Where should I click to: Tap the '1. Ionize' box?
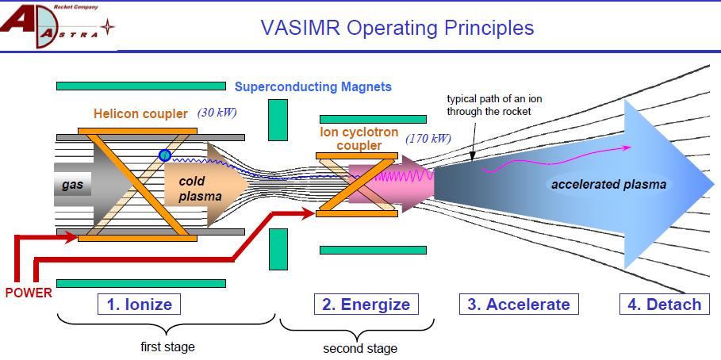click(x=140, y=304)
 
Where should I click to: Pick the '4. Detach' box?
click(x=665, y=304)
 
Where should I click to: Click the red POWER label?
click(x=29, y=293)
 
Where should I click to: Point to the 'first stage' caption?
click(x=167, y=347)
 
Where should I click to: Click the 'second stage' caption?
click(x=360, y=348)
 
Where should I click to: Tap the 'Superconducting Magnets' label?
click(x=313, y=86)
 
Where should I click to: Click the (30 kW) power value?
click(x=217, y=112)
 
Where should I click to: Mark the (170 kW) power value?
click(x=428, y=139)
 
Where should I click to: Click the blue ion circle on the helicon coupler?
click(x=165, y=155)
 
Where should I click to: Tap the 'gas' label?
click(x=72, y=186)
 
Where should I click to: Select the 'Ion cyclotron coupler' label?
click(x=359, y=139)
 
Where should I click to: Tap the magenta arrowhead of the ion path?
click(x=628, y=147)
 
